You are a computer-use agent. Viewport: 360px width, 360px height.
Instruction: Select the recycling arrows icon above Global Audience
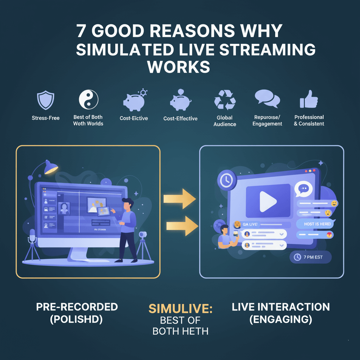225,99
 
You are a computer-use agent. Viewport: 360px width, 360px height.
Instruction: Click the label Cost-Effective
181,118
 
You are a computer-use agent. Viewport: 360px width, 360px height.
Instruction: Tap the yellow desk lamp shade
51,167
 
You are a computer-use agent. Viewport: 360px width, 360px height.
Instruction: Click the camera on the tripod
143,235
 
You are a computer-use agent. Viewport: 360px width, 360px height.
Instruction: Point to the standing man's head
128,204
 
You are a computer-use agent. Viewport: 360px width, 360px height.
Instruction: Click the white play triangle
268,201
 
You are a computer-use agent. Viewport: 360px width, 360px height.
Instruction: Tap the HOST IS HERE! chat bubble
315,224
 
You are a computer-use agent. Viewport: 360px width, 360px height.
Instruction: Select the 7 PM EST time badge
310,257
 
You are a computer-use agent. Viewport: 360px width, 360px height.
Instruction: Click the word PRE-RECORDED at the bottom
77,307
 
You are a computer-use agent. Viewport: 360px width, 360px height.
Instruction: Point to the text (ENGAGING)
281,320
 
